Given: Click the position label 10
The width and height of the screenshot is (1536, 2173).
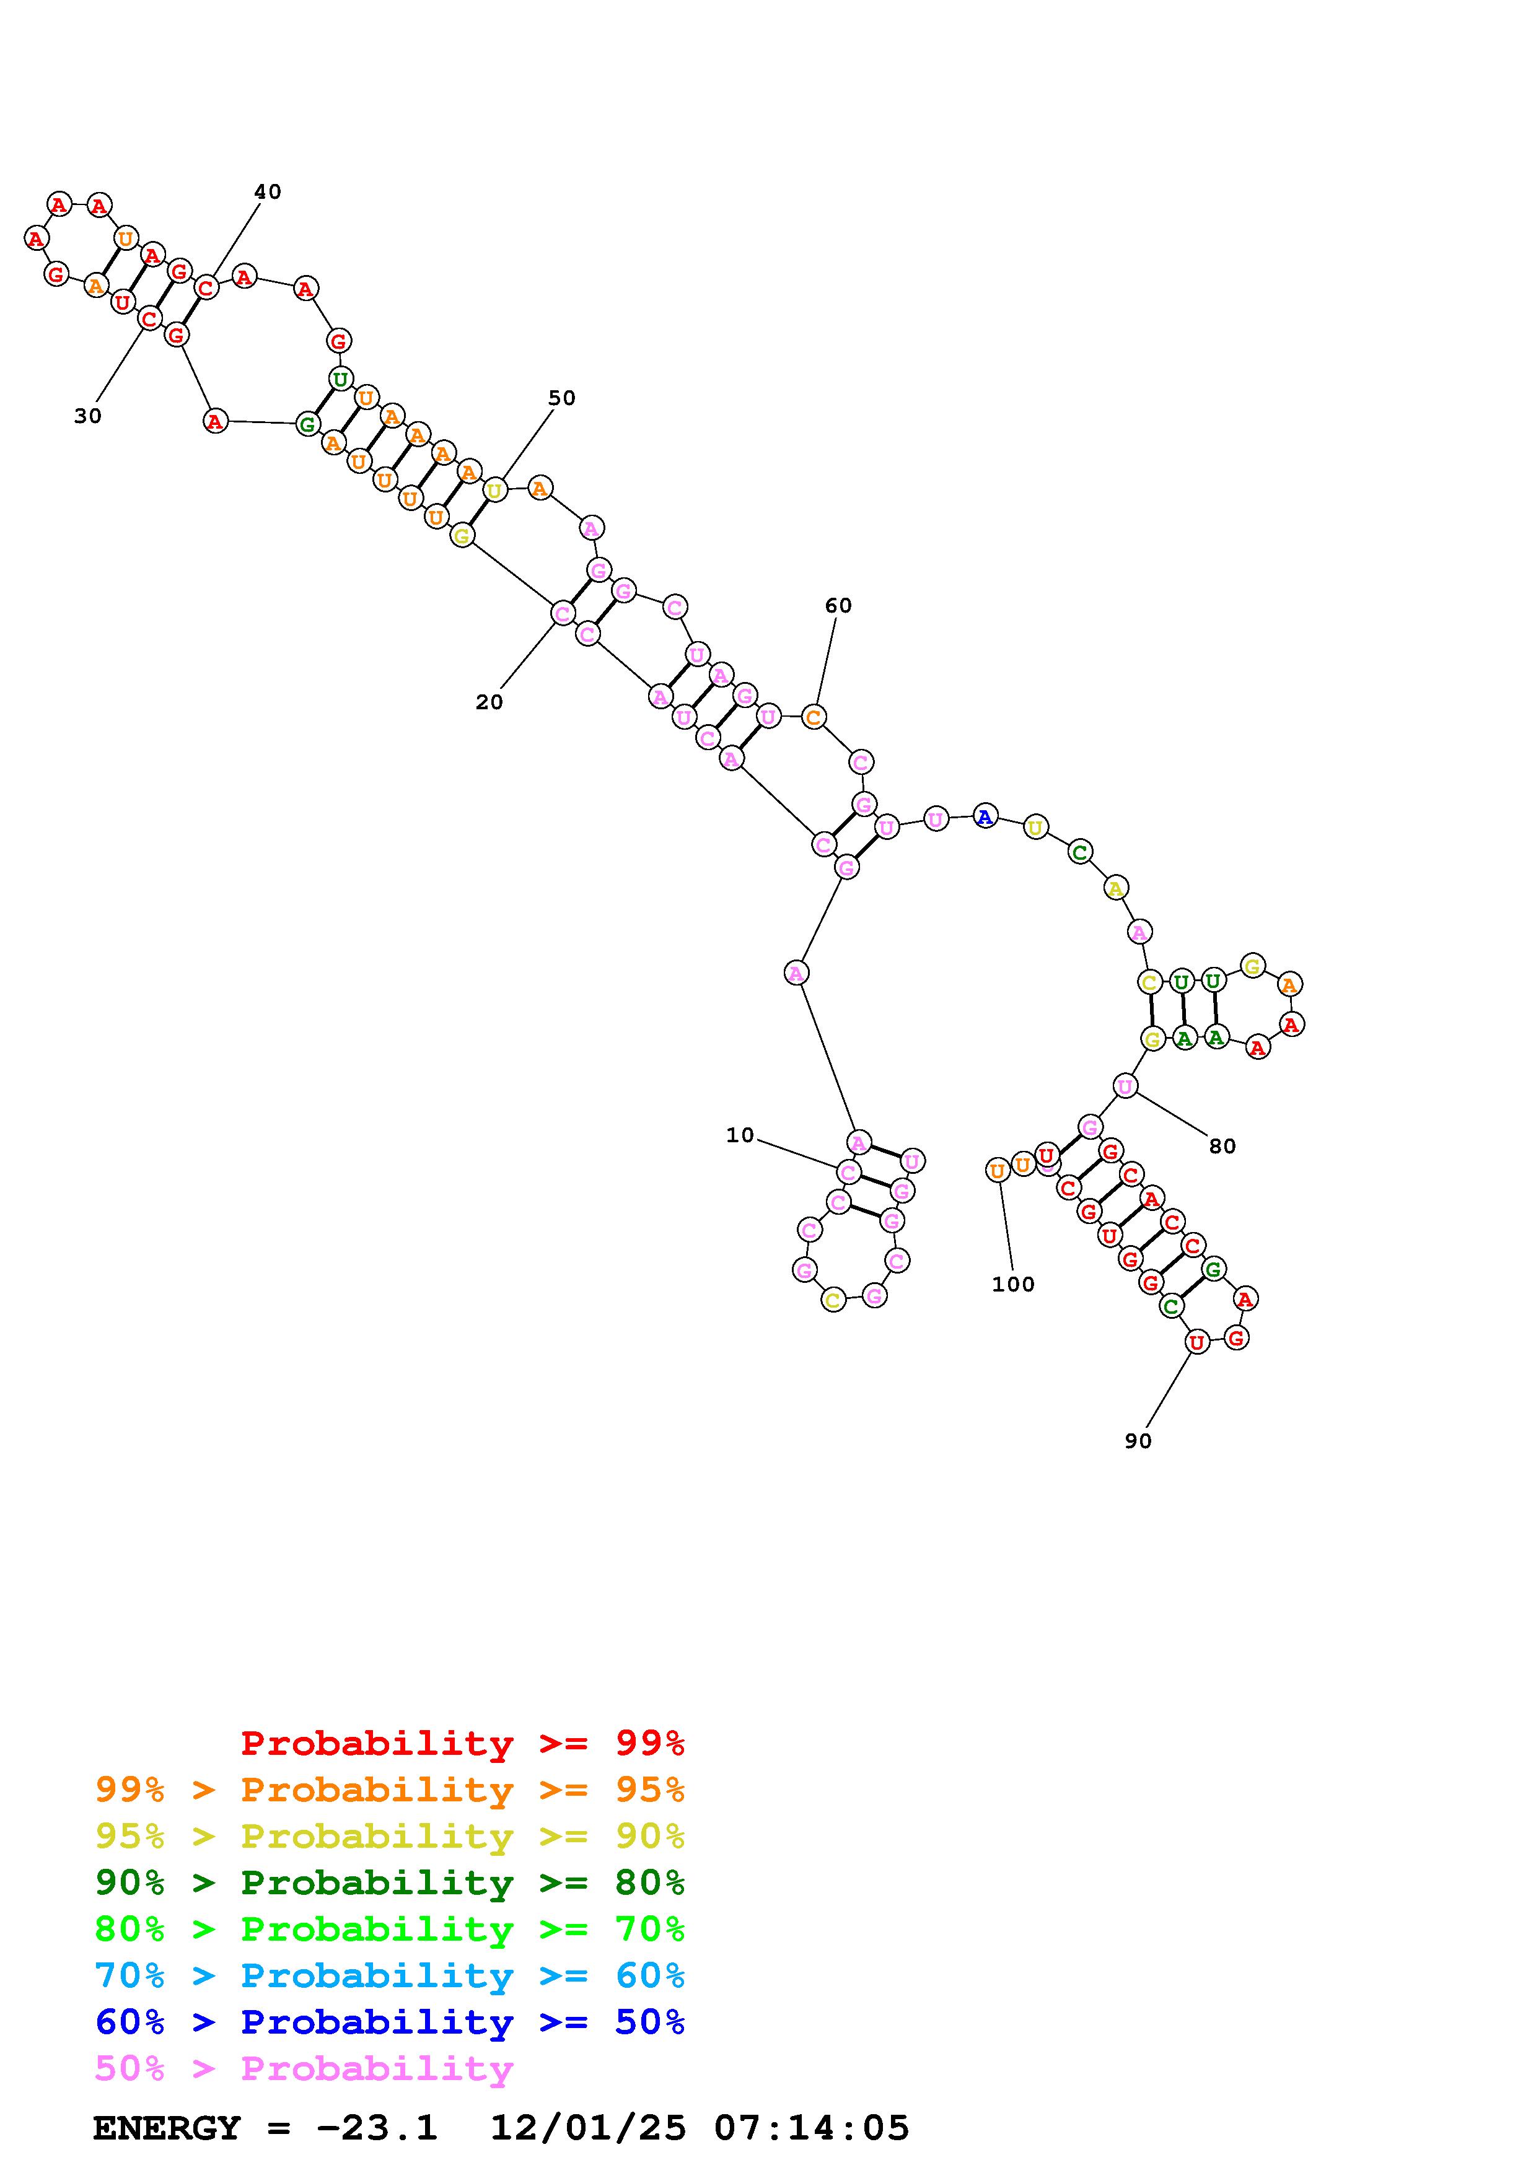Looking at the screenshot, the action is (x=740, y=1135).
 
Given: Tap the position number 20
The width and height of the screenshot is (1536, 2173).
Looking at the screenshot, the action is (x=489, y=701).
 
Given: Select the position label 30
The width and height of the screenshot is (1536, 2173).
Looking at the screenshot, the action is (x=88, y=416).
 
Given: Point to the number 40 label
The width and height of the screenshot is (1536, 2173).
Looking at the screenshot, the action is (x=268, y=191).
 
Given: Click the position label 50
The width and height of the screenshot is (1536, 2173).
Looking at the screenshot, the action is (x=562, y=398).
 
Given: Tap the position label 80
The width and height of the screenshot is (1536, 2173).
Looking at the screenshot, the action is (x=1222, y=1146).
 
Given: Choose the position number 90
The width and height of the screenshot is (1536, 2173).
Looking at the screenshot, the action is (x=1138, y=1440).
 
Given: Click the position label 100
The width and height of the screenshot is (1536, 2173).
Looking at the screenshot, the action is (x=1014, y=1284).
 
